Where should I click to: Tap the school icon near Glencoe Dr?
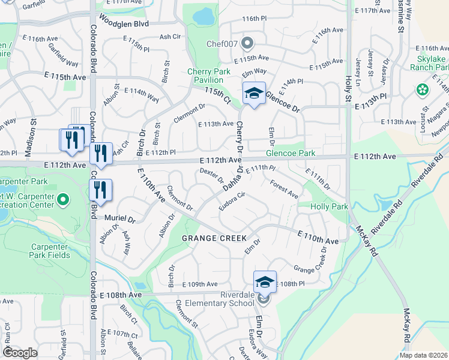[254, 94]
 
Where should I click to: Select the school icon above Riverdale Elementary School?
[265, 281]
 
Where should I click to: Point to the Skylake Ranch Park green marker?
[423, 90]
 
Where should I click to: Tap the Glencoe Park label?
[291, 153]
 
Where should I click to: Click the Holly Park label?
[329, 206]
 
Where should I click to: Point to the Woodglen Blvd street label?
[132, 23]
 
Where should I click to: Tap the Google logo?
[20, 353]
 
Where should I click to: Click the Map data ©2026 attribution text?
[423, 355]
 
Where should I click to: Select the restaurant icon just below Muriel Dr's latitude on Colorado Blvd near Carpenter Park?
[100, 190]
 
